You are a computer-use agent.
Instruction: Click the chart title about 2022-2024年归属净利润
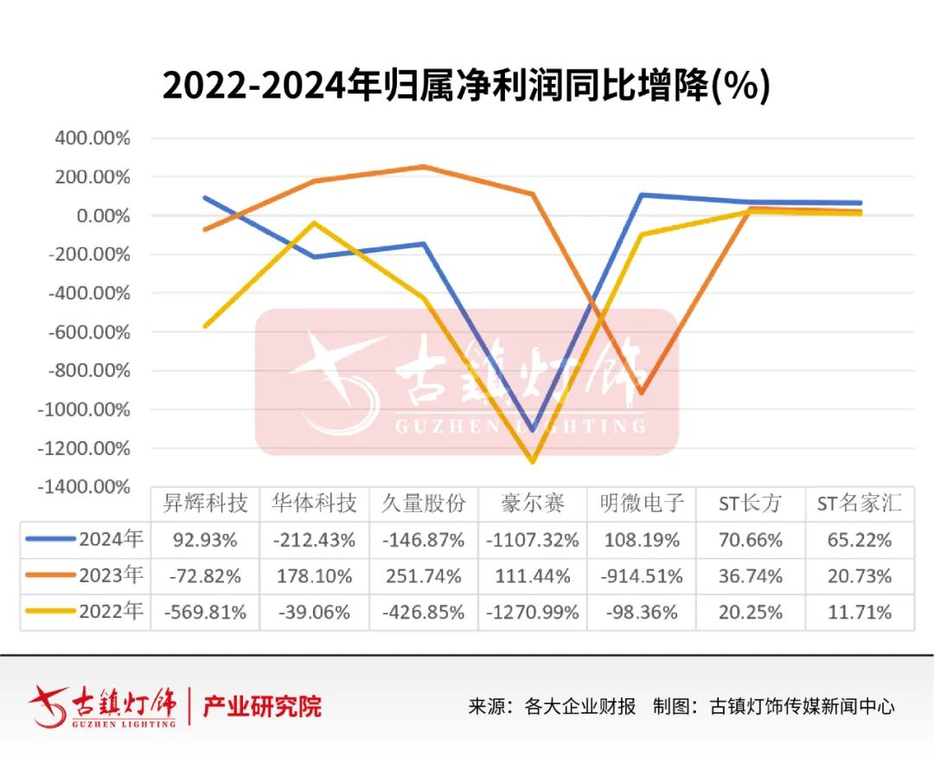466,87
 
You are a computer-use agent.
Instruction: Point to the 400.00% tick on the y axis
92,138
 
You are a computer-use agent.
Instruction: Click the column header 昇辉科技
205,503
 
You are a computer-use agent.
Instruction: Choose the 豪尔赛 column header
533,503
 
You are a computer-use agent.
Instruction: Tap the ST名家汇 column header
860,503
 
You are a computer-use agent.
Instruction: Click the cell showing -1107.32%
533,540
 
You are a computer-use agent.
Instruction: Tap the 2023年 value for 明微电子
642,575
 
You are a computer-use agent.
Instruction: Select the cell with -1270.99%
533,613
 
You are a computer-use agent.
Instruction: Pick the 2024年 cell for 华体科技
314,540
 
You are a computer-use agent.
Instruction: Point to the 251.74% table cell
424,575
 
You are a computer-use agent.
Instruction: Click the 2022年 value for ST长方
751,613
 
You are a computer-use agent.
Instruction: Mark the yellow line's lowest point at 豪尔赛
533,461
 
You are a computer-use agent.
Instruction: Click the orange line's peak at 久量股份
424,166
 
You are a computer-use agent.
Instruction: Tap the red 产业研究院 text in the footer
262,706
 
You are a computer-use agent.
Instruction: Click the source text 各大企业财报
580,706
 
